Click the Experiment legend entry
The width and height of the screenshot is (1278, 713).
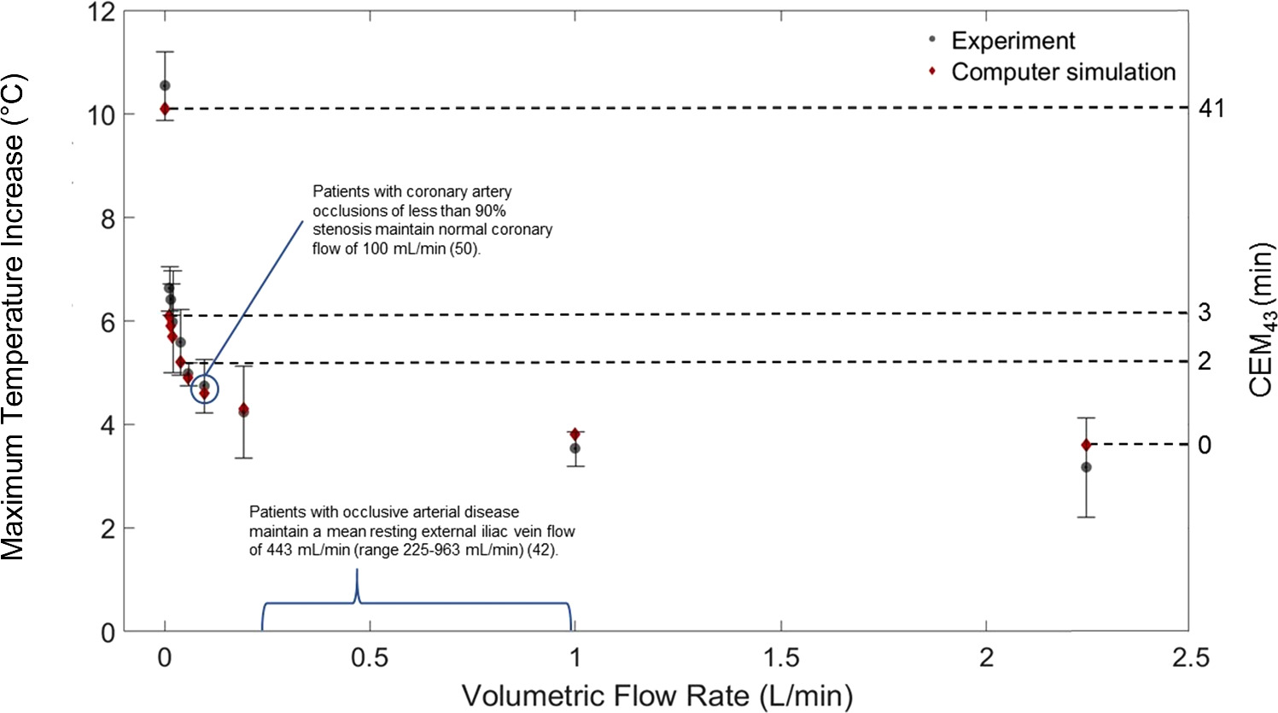tap(1013, 41)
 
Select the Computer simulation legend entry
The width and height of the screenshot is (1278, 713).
tap(1063, 72)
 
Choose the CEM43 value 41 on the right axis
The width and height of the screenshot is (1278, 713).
tap(1210, 108)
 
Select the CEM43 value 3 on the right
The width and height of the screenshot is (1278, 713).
tap(1204, 313)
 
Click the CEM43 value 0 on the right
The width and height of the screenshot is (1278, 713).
tap(1204, 445)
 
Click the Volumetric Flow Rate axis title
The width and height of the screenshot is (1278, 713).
tap(657, 695)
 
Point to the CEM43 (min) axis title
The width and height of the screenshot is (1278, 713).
tap(1260, 321)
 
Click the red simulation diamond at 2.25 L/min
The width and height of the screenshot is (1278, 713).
tap(1086, 445)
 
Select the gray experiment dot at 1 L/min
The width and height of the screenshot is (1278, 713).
tap(575, 448)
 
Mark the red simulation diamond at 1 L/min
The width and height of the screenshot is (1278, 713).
tap(575, 435)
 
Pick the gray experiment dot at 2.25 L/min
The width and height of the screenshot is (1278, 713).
tap(1086, 467)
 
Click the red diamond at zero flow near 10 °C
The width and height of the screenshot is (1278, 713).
tap(165, 108)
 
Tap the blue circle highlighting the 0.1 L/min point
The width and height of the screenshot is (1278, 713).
tap(204, 389)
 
